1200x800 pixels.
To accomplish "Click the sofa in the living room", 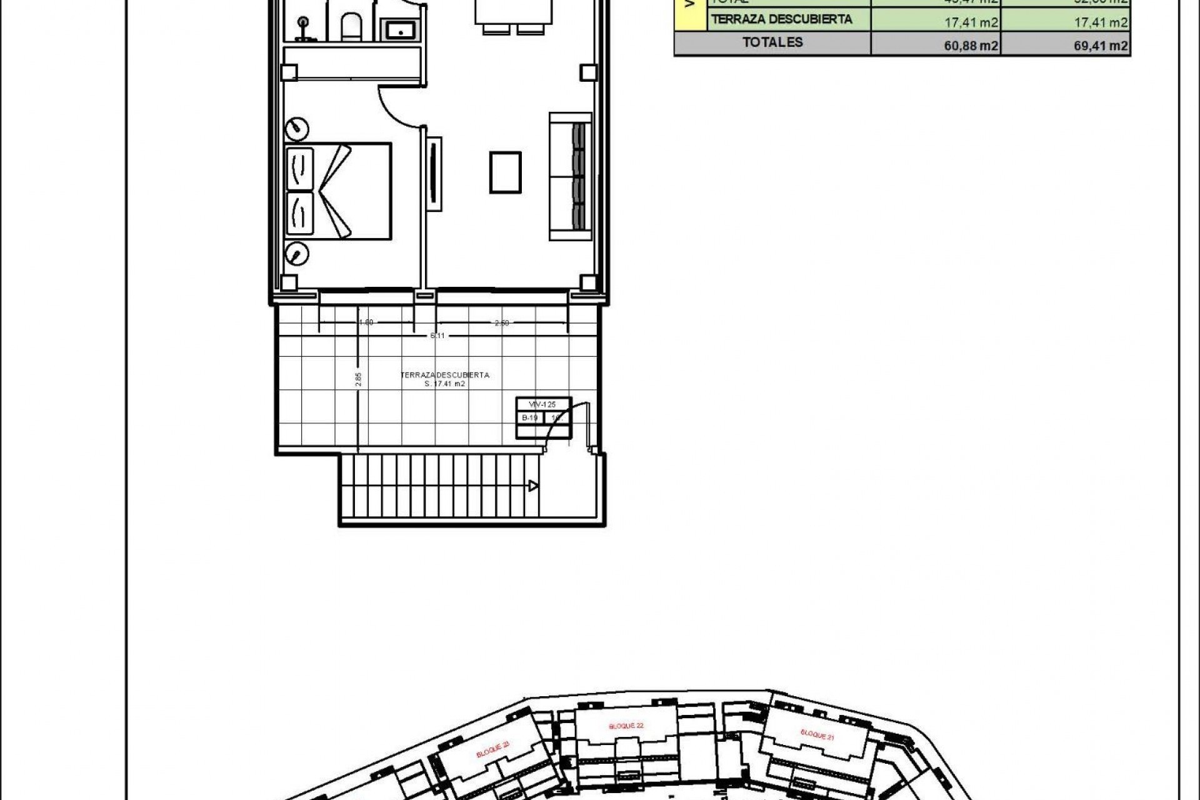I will click(570, 176).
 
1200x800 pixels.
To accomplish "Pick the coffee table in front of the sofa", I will click(505, 172).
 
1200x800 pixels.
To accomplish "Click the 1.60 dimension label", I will click(366, 322).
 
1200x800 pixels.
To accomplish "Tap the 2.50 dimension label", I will click(502, 323).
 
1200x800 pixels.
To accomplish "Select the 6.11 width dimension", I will click(437, 336).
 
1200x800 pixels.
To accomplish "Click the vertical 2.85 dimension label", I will click(358, 379).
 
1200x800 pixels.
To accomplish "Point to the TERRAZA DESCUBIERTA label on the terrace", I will click(445, 375).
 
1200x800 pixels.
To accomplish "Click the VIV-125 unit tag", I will click(542, 404).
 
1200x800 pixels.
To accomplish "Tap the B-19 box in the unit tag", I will click(530, 417).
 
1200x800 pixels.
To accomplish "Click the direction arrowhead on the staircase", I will click(533, 486).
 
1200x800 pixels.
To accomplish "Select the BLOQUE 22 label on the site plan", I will click(626, 726).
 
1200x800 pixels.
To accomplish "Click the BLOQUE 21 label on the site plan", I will click(817, 734).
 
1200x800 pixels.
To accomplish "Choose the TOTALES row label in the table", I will click(772, 42).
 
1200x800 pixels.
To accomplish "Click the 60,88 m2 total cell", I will click(971, 45).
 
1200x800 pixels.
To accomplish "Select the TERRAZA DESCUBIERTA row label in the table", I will click(781, 19).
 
